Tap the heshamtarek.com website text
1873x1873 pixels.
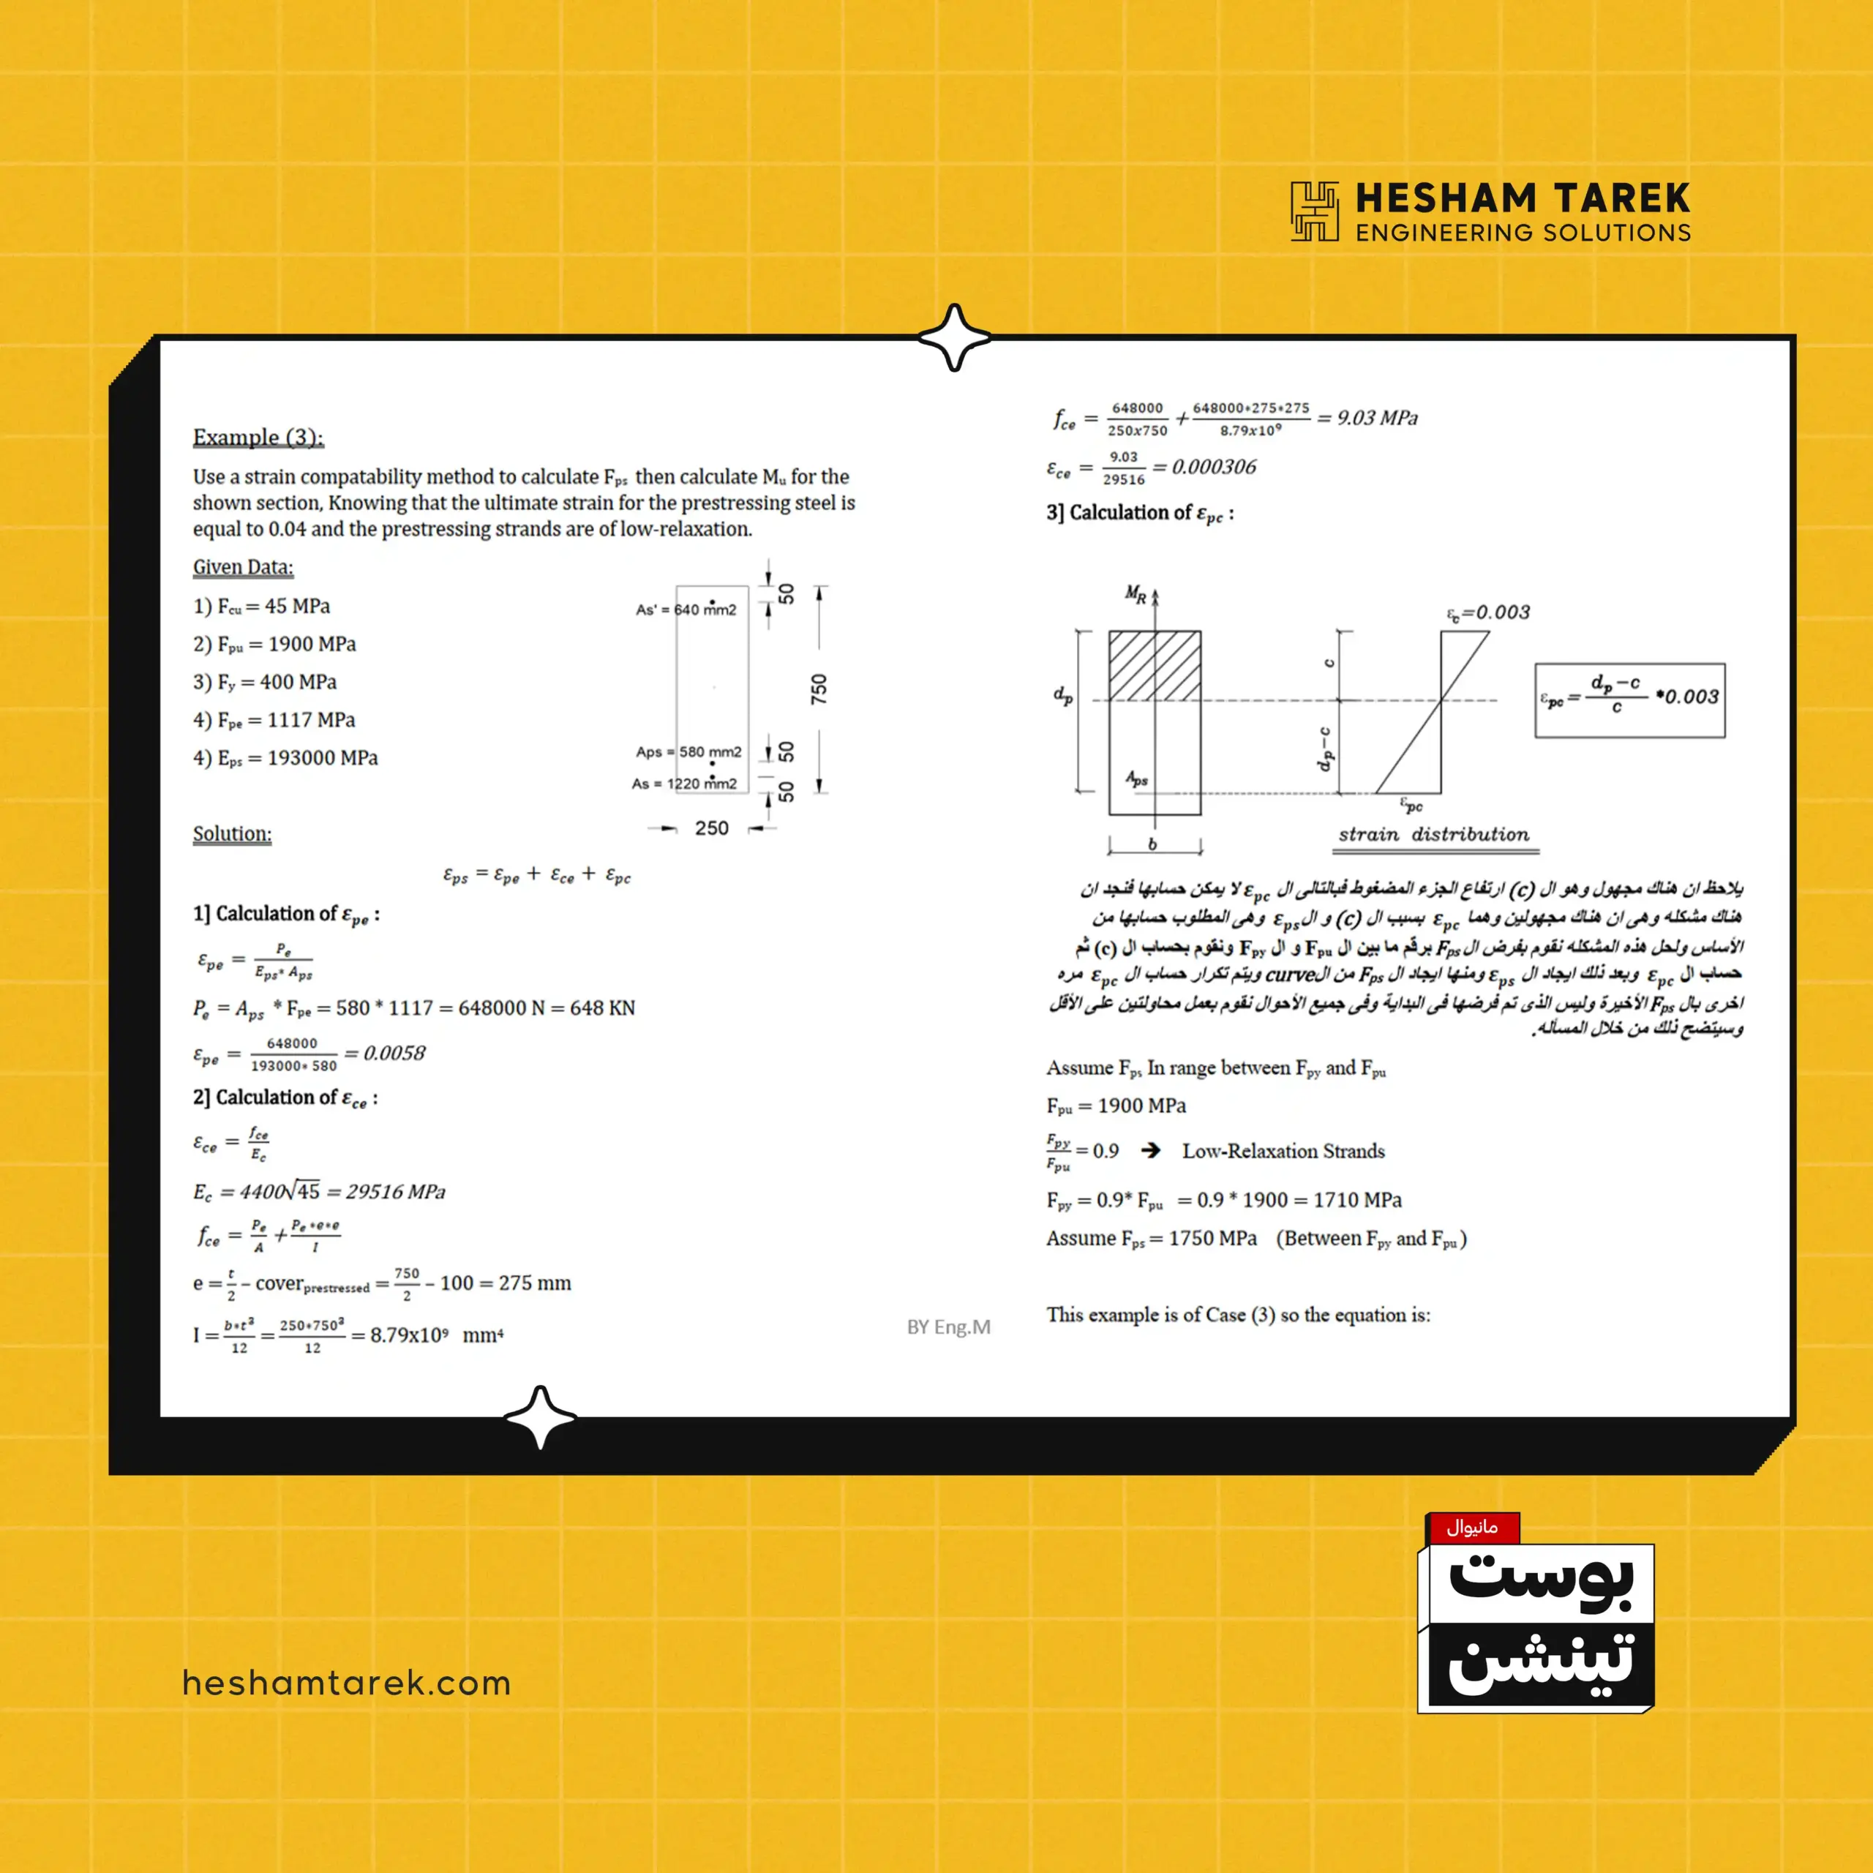pos(346,1683)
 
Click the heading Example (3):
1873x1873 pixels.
pos(258,438)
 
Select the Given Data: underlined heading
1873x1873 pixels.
pos(242,567)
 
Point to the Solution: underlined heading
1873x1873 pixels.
pos(232,834)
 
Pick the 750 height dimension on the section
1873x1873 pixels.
pos(819,689)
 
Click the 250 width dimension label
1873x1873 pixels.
pos(712,828)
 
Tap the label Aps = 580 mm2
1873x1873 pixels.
pos(688,752)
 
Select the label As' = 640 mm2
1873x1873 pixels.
pos(686,609)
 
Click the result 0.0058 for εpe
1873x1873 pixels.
pos(394,1054)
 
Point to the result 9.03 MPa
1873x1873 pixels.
pos(1377,418)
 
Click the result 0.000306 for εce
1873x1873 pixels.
pos(1214,468)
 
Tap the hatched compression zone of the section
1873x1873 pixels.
pos(1155,666)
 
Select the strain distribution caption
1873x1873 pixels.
pos(1434,835)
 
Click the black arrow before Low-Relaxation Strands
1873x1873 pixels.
pos(1151,1151)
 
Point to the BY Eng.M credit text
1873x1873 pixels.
pos(948,1327)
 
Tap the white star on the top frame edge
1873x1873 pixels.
pos(954,337)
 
